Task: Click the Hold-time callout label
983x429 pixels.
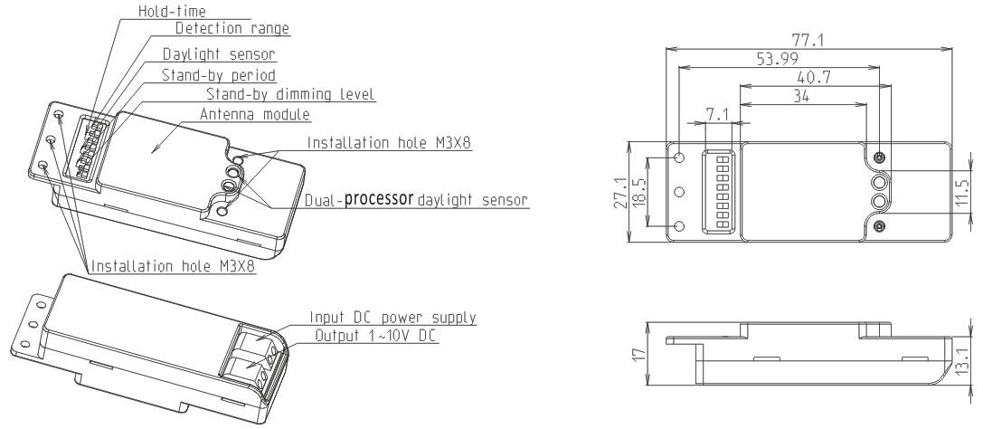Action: coord(172,11)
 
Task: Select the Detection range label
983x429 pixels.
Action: coord(232,28)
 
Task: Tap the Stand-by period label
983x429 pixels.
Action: coord(219,75)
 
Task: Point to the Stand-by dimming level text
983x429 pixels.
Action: coord(291,95)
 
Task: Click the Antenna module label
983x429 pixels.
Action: coord(254,115)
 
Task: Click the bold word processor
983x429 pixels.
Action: coord(379,198)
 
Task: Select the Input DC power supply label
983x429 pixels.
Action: coord(393,318)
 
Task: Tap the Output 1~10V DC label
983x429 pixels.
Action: coord(375,336)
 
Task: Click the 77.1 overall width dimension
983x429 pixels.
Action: coord(808,40)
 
